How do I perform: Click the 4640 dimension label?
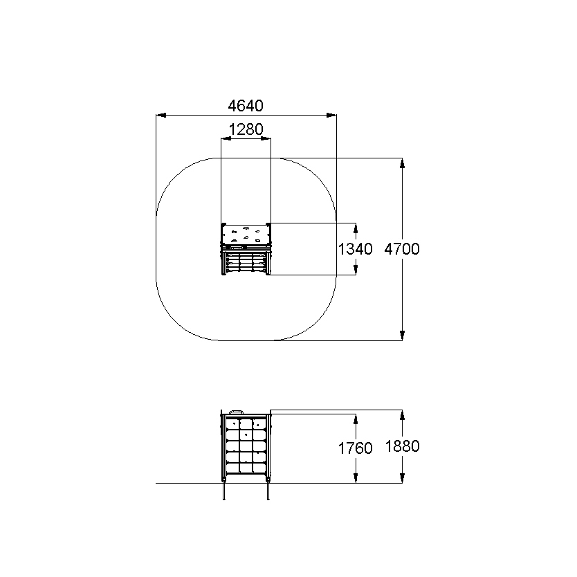coord(246,106)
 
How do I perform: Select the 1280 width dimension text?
coord(246,129)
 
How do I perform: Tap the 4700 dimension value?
coord(402,249)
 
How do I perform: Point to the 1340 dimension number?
coord(355,249)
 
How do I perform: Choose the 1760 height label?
coord(355,448)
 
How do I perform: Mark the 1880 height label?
coord(402,446)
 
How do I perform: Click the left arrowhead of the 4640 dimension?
coord(161,115)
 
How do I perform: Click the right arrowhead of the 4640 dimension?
coord(331,115)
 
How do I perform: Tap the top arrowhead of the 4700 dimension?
coord(402,163)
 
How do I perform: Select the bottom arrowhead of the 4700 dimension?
coord(402,336)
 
